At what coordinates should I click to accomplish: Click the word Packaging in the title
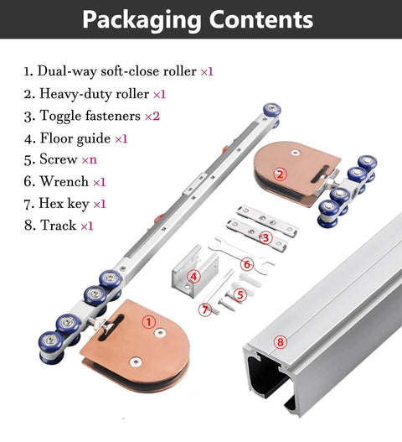pyautogui.click(x=142, y=20)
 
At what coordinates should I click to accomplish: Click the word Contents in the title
pyautogui.click(x=261, y=19)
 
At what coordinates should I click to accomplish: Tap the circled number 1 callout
pyautogui.click(x=149, y=321)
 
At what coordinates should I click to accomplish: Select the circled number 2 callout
pyautogui.click(x=280, y=174)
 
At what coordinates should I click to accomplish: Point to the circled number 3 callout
pyautogui.click(x=265, y=238)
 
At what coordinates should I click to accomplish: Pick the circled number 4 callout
pyautogui.click(x=193, y=277)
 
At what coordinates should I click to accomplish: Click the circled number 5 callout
pyautogui.click(x=240, y=295)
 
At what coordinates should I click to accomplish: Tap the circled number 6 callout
pyautogui.click(x=247, y=264)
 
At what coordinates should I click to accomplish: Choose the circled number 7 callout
pyautogui.click(x=205, y=309)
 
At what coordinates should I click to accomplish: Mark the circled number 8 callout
pyautogui.click(x=280, y=342)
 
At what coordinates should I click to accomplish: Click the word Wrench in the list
pyautogui.click(x=64, y=181)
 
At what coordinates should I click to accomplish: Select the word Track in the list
pyautogui.click(x=59, y=225)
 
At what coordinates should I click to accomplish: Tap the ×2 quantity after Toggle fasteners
pyautogui.click(x=152, y=116)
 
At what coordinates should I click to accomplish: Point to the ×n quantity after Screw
pyautogui.click(x=90, y=160)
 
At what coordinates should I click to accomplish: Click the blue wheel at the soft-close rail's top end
pyautogui.click(x=271, y=111)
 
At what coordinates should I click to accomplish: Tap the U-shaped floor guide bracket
pyautogui.click(x=195, y=271)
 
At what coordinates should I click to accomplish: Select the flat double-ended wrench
pyautogui.click(x=241, y=255)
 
